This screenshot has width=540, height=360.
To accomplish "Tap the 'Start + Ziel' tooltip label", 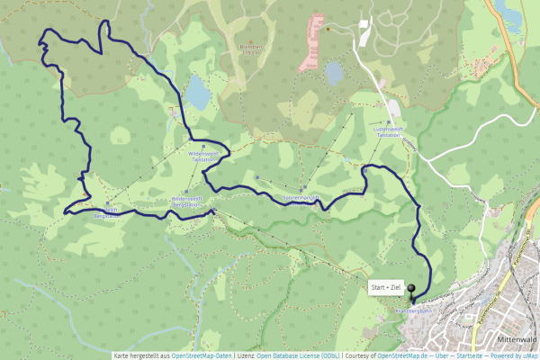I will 386,287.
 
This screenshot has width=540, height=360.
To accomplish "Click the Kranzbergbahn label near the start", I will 415,311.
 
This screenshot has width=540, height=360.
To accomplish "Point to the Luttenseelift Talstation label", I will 388,131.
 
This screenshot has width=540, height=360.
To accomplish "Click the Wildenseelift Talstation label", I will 204,154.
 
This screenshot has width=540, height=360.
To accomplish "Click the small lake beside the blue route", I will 197,91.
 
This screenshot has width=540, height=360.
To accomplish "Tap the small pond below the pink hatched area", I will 334,73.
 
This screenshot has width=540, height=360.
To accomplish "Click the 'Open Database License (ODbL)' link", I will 298,355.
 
